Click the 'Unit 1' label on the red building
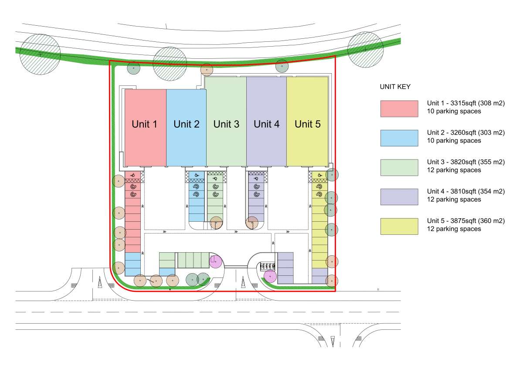pos(144,124)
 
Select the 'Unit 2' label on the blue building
pos(187,124)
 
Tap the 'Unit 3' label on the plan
pos(226,124)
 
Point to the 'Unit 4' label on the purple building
pos(266,124)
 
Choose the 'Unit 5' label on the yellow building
pos(308,124)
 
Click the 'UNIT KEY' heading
pos(395,87)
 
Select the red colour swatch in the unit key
pos(399,109)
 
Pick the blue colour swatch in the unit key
pos(399,138)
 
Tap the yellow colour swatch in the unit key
pos(399,227)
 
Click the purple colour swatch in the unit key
pos(399,197)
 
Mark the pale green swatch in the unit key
pos(399,168)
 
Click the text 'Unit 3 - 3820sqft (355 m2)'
pos(466,162)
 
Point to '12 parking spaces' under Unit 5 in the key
pos(454,229)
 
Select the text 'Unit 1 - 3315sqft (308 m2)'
pos(466,103)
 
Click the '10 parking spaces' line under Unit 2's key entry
pos(454,141)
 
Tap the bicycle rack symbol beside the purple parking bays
pos(268,266)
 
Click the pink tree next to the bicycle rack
pos(270,277)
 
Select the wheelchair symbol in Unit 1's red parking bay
pos(133,175)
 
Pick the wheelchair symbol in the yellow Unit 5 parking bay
pos(319,175)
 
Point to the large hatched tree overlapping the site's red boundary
pos(170,64)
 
